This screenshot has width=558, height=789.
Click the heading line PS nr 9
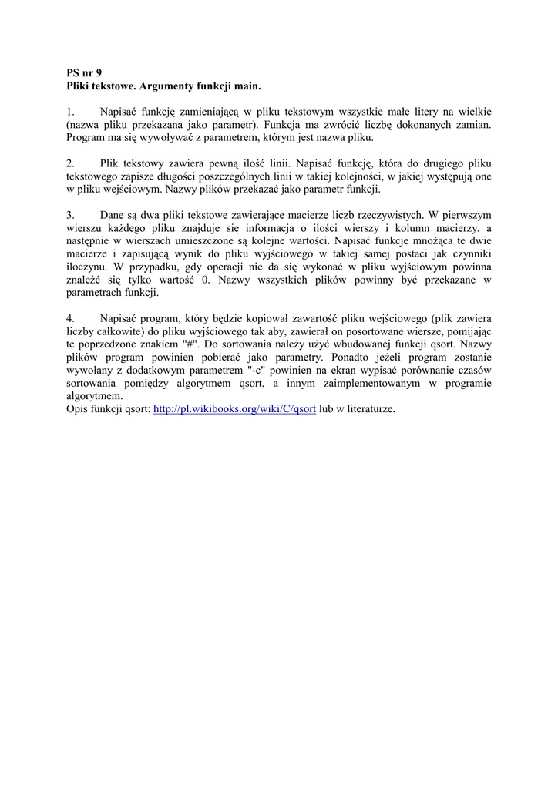pos(85,72)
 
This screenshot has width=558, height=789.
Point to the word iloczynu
pos(89,267)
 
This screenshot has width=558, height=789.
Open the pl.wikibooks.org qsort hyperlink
pos(235,409)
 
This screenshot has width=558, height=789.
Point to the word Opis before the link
pos(79,409)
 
